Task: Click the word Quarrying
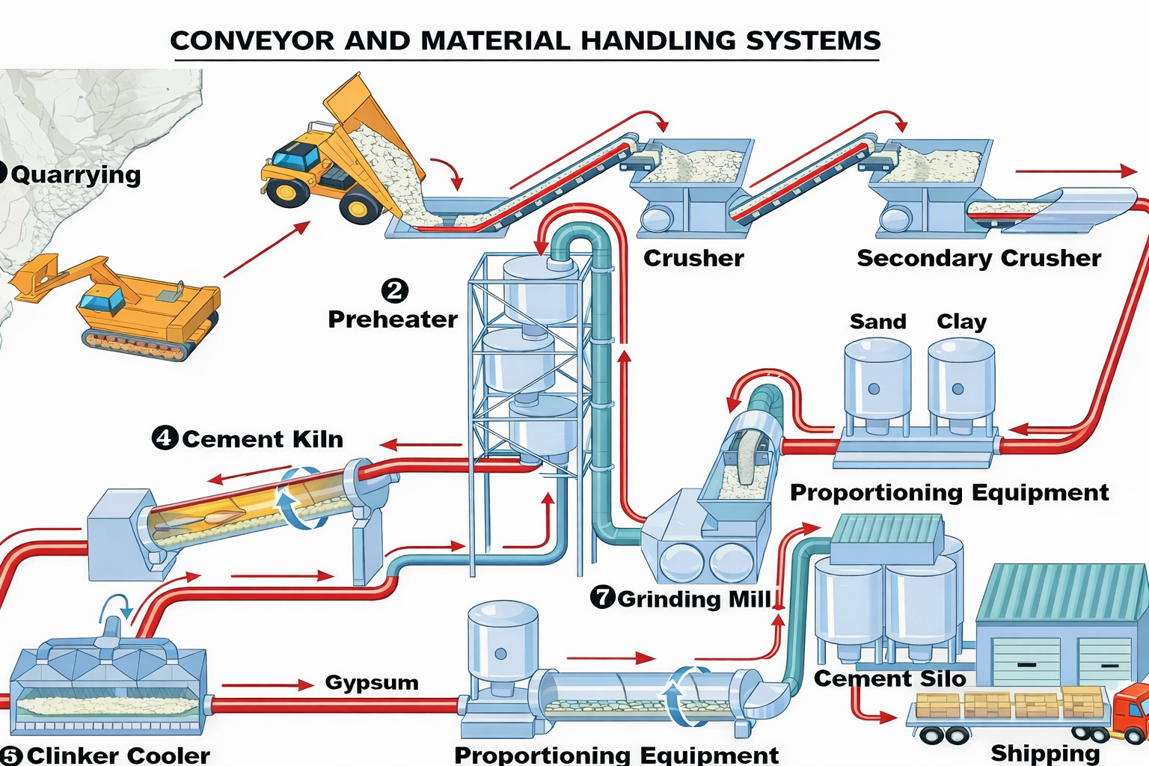coord(76,174)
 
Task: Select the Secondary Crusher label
coord(978,258)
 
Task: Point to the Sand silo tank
coord(877,382)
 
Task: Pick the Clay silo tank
coord(961,382)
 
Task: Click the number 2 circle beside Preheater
coord(394,290)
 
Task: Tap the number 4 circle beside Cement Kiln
coord(165,438)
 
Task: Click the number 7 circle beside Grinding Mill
coord(602,597)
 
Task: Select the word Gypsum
coord(371,682)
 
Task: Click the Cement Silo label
coord(889,678)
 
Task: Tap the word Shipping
coord(1045,753)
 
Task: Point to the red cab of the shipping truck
coord(1131,711)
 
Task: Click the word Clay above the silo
coord(961,322)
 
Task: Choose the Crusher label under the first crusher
coord(693,258)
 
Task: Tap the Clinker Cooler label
coord(118,755)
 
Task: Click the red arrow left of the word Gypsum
coord(267,684)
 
